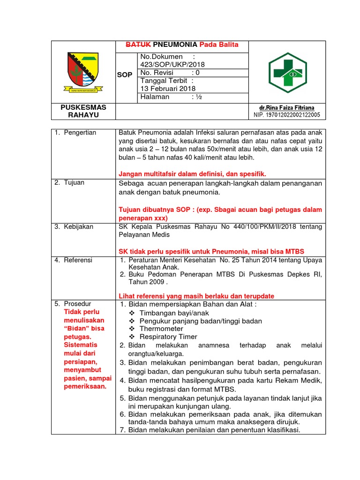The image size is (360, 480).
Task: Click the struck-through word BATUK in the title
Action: click(x=138, y=45)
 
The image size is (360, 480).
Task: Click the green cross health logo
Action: click(x=287, y=73)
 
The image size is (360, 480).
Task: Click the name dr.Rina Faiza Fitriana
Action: click(x=286, y=107)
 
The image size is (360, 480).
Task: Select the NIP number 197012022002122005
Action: click(x=286, y=114)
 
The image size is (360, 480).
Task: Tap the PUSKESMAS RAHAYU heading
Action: click(x=83, y=111)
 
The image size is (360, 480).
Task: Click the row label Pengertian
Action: click(x=80, y=133)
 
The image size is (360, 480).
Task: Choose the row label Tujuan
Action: click(x=75, y=183)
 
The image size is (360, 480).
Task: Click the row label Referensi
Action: click(x=78, y=260)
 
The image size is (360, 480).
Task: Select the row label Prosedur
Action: click(x=77, y=304)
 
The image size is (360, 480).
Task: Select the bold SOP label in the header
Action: click(x=124, y=75)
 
